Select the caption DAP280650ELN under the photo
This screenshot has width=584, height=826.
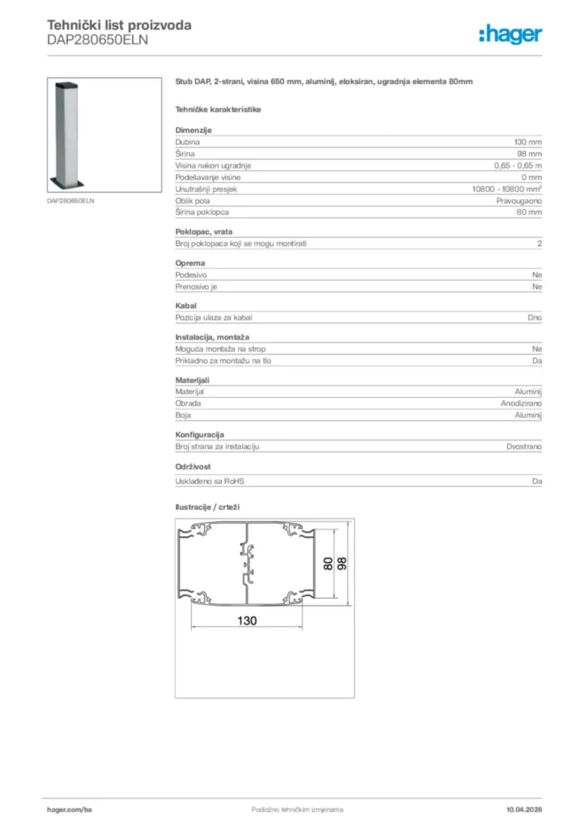point(71,200)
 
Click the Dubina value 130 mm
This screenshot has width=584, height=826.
point(528,141)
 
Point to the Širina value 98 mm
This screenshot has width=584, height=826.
point(530,153)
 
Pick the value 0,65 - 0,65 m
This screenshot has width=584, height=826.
point(518,165)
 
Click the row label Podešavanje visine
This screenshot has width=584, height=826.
point(208,177)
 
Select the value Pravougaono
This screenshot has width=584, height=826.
point(519,200)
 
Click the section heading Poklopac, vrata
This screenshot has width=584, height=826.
point(204,232)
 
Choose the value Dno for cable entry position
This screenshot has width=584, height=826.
point(535,318)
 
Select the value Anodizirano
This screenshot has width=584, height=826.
point(521,403)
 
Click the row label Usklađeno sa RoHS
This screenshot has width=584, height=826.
point(210,482)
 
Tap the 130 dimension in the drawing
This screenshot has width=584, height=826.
point(247,620)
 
